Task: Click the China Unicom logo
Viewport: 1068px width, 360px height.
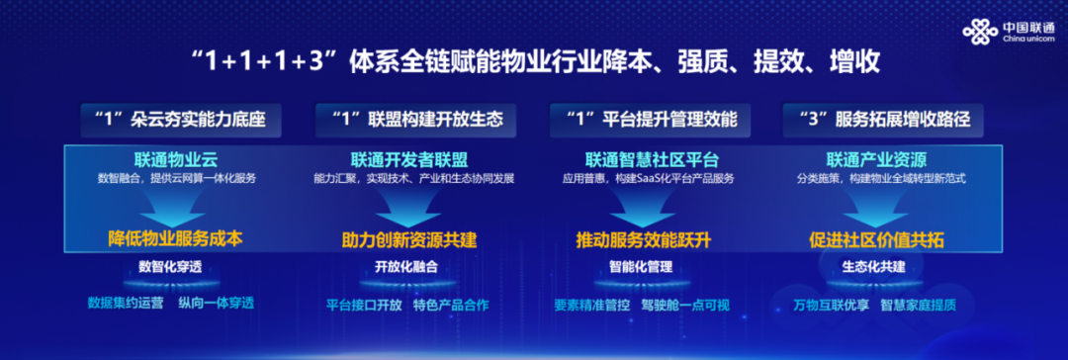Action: coord(1008,32)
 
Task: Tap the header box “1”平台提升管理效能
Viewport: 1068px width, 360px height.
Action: coord(653,120)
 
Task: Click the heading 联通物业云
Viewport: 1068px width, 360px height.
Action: coord(175,160)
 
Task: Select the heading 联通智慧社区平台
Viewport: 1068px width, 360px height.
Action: coord(652,160)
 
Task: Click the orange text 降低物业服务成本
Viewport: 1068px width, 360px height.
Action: coord(175,238)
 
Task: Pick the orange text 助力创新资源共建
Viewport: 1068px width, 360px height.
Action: coord(408,240)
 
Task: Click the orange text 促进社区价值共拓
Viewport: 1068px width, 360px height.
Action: coord(876,240)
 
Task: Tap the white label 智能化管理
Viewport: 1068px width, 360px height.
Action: coord(640,267)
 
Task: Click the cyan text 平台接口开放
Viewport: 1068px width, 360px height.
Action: coord(364,305)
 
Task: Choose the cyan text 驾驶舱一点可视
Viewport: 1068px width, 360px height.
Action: coord(685,305)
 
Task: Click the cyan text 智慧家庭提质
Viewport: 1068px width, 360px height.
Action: coord(918,305)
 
